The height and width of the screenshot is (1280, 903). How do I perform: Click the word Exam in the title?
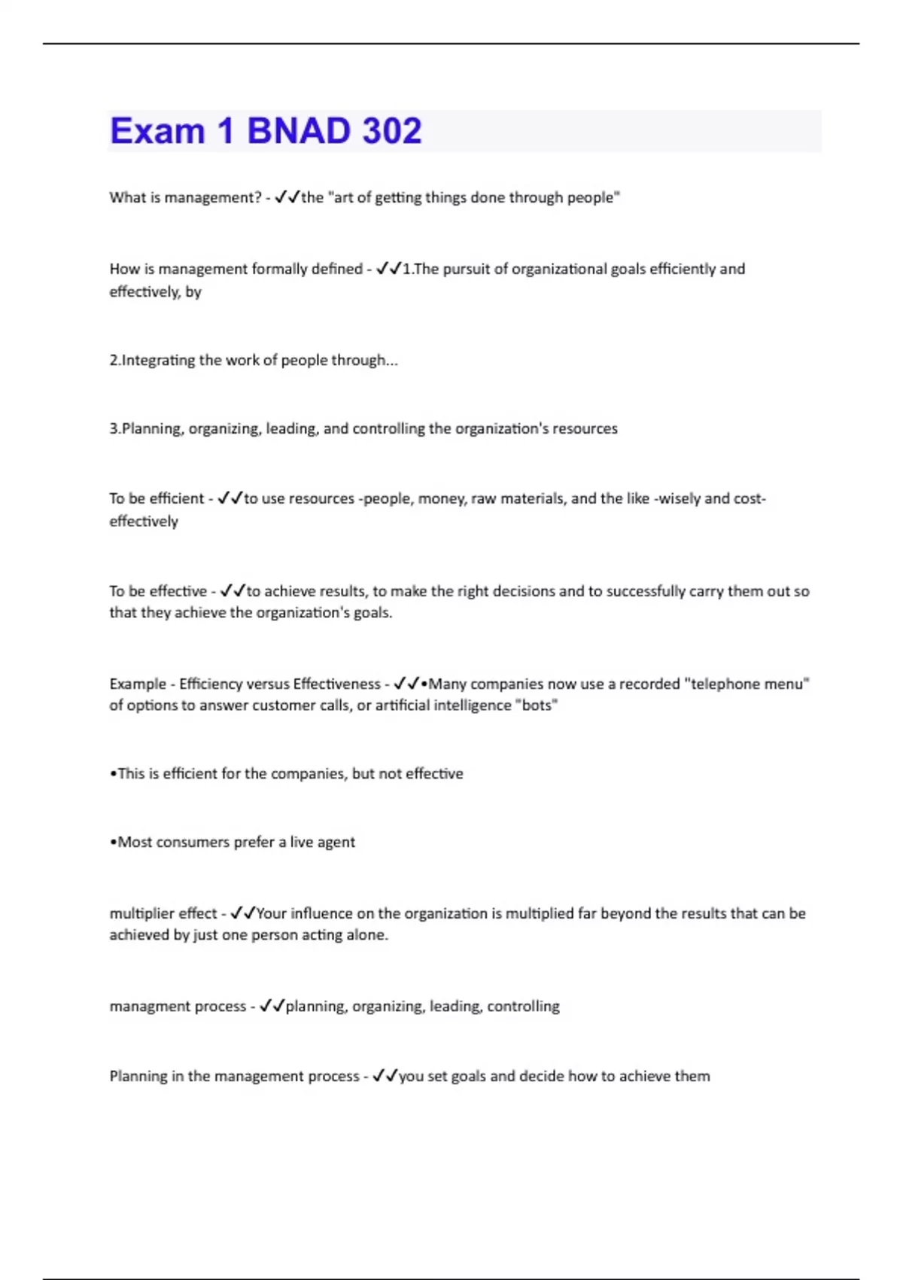point(157,131)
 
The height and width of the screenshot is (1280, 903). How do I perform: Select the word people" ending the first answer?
point(594,197)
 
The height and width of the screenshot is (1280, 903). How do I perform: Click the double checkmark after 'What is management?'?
point(287,197)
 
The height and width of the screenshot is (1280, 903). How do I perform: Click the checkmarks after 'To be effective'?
point(233,591)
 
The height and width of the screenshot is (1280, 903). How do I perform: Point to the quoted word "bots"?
point(537,706)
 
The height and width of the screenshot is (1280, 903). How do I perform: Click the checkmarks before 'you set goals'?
point(385,1076)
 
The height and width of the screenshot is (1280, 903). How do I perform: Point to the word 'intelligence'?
point(473,706)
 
